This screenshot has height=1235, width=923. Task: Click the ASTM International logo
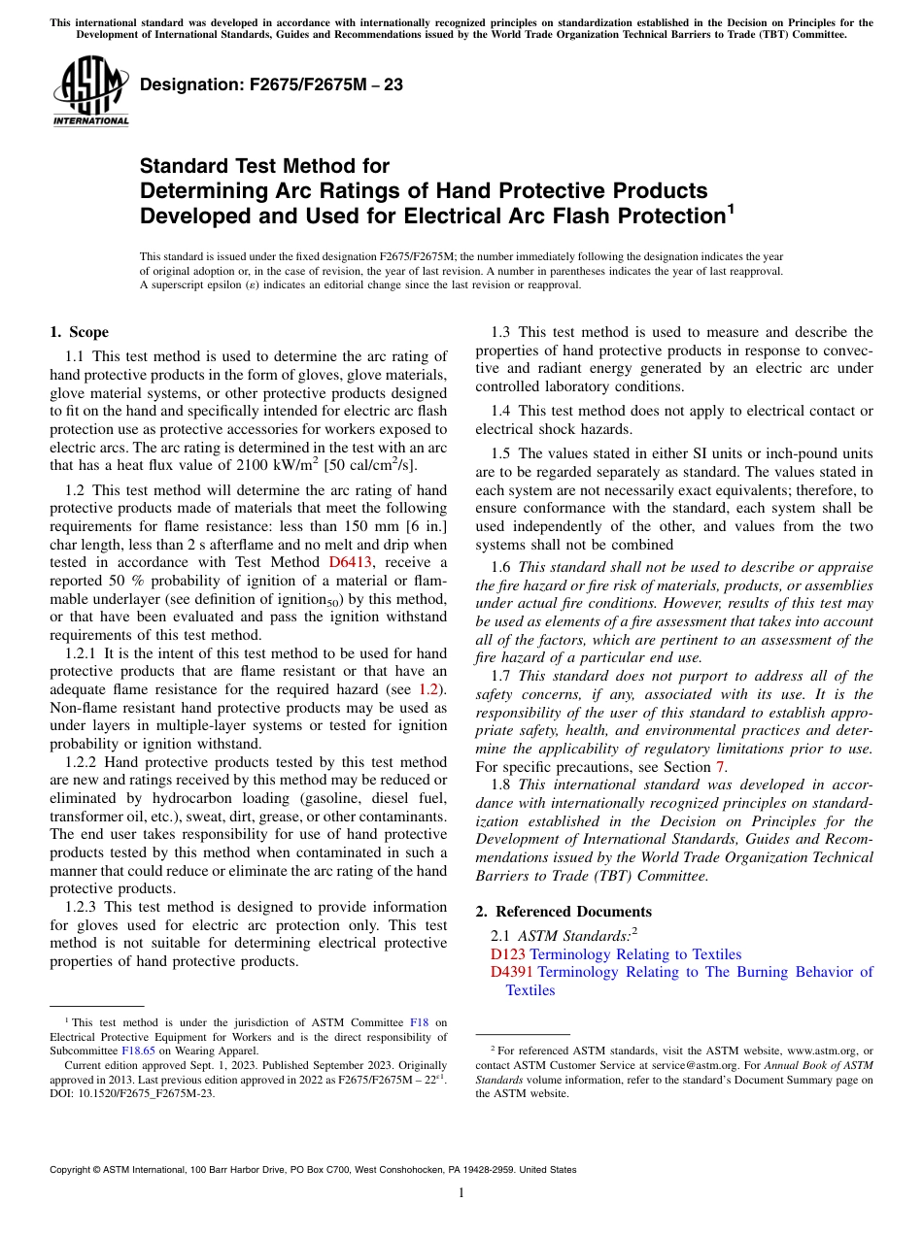(90, 93)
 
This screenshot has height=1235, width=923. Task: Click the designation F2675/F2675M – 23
(271, 84)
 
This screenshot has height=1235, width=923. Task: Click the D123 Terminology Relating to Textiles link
(616, 954)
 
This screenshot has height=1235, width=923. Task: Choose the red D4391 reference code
(511, 972)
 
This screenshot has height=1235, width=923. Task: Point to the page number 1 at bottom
(461, 1192)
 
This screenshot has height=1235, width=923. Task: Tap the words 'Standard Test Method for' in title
(264, 166)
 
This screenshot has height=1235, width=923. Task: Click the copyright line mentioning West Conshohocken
(313, 1170)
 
